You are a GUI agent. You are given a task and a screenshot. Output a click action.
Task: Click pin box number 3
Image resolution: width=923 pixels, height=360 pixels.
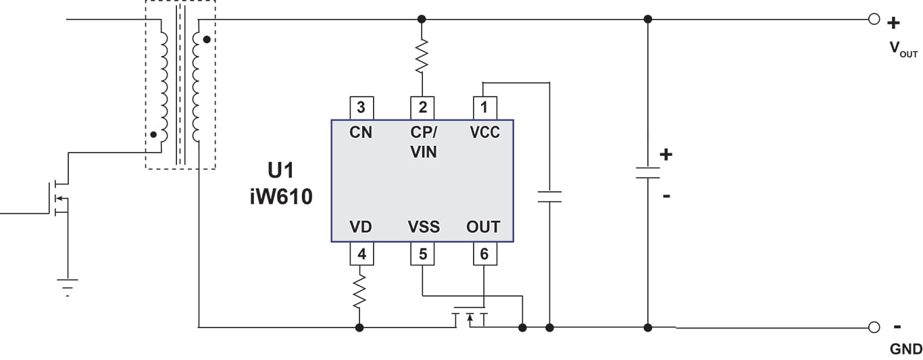click(361, 108)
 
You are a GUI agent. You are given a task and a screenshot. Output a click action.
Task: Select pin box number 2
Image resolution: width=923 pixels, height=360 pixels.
click(422, 108)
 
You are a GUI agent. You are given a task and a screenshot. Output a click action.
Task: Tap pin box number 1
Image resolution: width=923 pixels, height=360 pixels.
click(484, 108)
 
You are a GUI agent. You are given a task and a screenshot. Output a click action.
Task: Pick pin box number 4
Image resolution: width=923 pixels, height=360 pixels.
click(361, 254)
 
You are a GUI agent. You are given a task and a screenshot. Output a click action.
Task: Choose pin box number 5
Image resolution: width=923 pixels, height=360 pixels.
click(422, 254)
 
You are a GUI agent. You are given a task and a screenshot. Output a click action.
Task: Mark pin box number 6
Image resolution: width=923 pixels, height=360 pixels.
click(484, 254)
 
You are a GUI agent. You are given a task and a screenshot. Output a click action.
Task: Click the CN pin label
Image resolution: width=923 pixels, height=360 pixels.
click(361, 132)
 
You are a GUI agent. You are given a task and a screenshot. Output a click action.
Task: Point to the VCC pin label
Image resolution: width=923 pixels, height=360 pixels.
click(484, 132)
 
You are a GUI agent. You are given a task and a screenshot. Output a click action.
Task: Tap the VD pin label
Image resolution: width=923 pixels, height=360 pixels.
click(361, 227)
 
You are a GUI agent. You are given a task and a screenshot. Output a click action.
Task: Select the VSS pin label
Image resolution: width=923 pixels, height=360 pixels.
click(424, 227)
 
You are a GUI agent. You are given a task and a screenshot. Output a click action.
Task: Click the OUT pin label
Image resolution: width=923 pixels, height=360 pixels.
click(484, 227)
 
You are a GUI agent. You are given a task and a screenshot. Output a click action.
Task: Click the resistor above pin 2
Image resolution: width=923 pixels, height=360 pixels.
click(422, 57)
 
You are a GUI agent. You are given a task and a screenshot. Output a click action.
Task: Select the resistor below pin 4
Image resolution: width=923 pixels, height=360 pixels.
click(360, 290)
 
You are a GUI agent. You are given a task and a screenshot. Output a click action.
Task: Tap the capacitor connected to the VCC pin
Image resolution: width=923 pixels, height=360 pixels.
click(549, 197)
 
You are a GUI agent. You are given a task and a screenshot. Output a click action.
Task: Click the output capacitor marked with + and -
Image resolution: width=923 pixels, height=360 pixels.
click(647, 173)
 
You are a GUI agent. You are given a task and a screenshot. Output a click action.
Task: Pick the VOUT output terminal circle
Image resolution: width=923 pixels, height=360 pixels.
click(874, 20)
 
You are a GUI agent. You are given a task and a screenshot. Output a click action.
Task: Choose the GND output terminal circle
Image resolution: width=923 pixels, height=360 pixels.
click(874, 328)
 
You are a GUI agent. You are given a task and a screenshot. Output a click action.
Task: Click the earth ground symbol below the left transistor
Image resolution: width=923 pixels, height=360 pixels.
click(68, 286)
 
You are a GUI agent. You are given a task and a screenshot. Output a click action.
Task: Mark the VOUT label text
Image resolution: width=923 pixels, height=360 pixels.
click(903, 48)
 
